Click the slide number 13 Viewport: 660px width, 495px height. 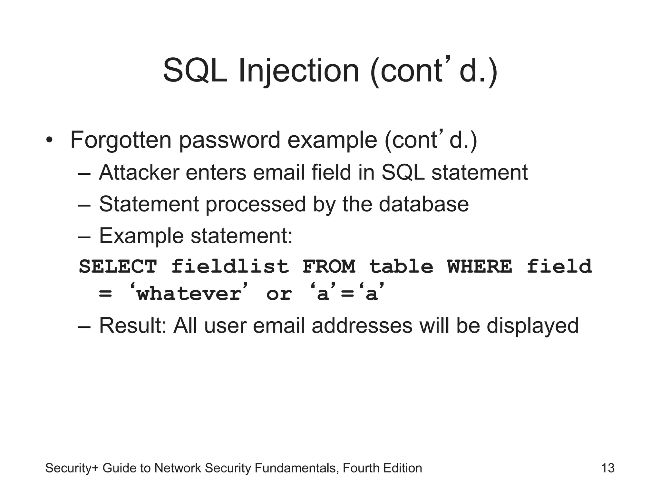(608, 468)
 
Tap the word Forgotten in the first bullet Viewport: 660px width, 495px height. (121, 140)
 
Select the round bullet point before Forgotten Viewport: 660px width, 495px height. (49, 141)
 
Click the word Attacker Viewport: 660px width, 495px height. (139, 172)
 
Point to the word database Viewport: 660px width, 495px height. (423, 204)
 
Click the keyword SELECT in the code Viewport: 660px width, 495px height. (118, 267)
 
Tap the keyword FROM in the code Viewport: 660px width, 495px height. (329, 267)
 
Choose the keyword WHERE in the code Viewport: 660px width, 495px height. (480, 267)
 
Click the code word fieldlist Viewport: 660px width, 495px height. (230, 267)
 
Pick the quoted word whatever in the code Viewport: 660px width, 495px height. (189, 294)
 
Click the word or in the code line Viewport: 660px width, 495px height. (279, 294)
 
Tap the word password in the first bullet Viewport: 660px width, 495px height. (229, 141)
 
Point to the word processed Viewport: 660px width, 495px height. (256, 205)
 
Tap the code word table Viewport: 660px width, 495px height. (401, 267)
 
